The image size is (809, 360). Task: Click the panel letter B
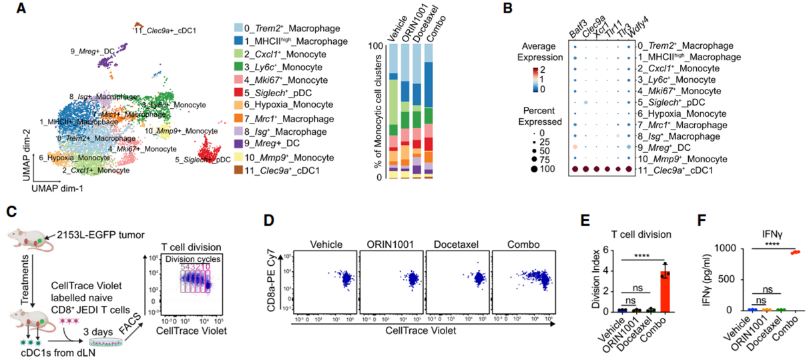click(x=507, y=9)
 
